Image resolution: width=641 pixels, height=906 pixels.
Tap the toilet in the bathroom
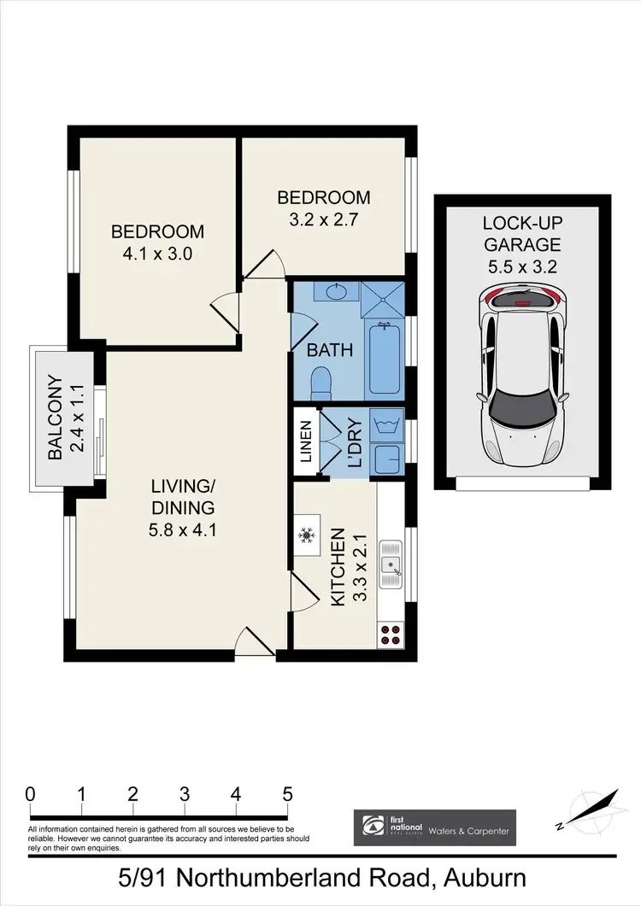(x=321, y=383)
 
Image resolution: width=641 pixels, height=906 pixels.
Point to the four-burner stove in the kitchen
(x=390, y=634)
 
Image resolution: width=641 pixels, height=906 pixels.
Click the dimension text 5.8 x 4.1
(x=181, y=529)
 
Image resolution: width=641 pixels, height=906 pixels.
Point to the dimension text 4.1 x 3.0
(x=157, y=254)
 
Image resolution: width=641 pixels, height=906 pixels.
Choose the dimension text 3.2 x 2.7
(x=323, y=219)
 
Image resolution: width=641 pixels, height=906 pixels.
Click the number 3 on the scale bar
(x=185, y=792)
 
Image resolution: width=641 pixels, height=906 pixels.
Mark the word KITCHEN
(x=338, y=567)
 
